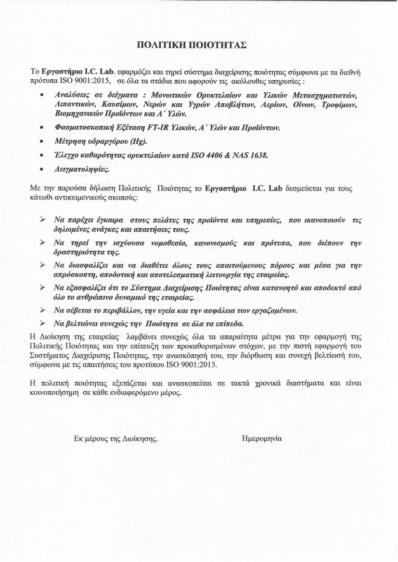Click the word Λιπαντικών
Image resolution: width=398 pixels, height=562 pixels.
click(76, 104)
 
